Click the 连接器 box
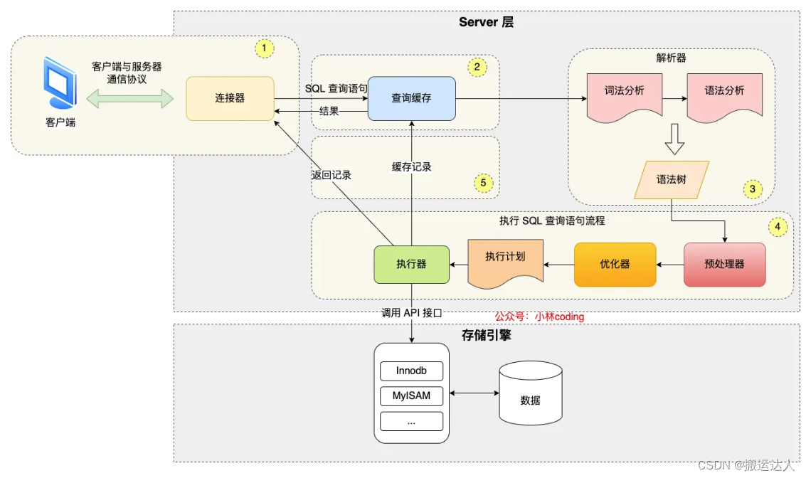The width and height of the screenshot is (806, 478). tap(230, 98)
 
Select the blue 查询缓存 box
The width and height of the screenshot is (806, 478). tap(411, 98)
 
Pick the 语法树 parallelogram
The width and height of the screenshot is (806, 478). tap(672, 179)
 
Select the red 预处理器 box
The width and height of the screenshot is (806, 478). tap(724, 265)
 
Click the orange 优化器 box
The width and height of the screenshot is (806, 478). tap(615, 265)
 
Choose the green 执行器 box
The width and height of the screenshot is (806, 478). tap(411, 265)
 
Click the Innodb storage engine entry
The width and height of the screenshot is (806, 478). tap(411, 371)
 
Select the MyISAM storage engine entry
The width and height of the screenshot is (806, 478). tap(411, 395)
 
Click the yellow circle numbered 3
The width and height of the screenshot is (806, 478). tap(752, 189)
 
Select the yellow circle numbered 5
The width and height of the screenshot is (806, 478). tap(483, 183)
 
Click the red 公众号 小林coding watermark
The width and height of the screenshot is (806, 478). tap(539, 317)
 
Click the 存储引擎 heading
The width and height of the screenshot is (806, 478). tap(486, 335)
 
